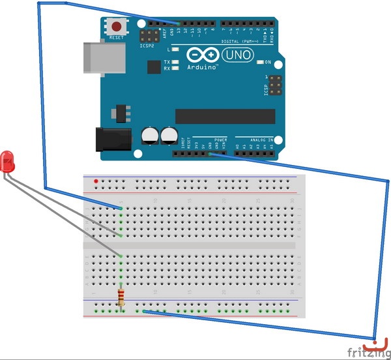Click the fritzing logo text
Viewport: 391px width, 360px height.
(x=365, y=353)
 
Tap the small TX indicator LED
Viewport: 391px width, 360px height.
(x=175, y=61)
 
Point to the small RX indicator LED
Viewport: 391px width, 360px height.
(x=175, y=68)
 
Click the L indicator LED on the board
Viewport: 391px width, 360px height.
(x=175, y=50)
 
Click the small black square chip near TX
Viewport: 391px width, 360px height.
(x=154, y=67)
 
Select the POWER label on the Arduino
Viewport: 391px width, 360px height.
(x=220, y=140)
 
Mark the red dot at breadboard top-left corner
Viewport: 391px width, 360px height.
(x=96, y=181)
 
